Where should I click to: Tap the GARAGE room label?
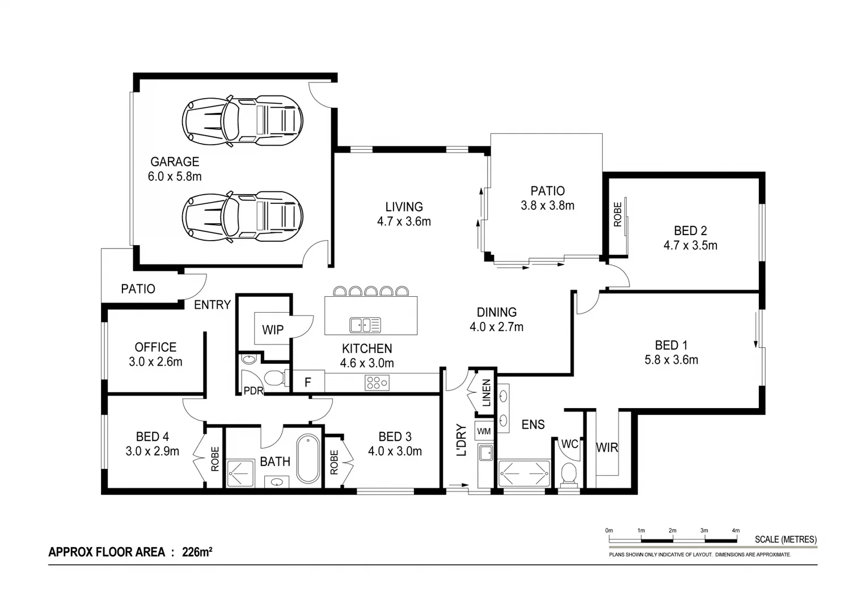(x=175, y=162)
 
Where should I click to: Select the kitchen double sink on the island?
(x=365, y=325)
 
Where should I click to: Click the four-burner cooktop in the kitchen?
(x=377, y=383)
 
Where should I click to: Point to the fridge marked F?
(x=307, y=382)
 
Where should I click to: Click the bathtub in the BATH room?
(x=308, y=459)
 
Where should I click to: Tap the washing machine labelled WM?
(x=484, y=431)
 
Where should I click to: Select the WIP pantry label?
(x=273, y=330)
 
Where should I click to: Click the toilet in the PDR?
(x=274, y=377)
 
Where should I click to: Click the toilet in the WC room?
(x=568, y=474)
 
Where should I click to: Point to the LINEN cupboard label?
(x=486, y=393)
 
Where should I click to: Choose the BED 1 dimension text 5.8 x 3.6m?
(x=671, y=360)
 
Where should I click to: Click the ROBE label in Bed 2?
(x=618, y=215)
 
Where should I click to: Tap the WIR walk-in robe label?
(x=607, y=447)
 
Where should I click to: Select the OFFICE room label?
(x=155, y=347)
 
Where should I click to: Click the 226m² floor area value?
(x=197, y=552)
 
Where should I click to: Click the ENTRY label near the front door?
(x=212, y=305)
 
